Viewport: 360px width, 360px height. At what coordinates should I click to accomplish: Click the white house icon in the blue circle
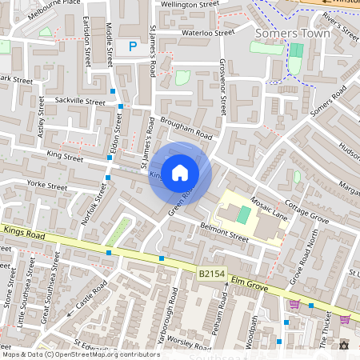click(180, 172)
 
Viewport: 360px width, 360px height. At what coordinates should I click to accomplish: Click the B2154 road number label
click(212, 274)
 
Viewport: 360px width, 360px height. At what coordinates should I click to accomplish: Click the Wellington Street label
click(190, 5)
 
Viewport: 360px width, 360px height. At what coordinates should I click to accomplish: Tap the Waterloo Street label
click(207, 34)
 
